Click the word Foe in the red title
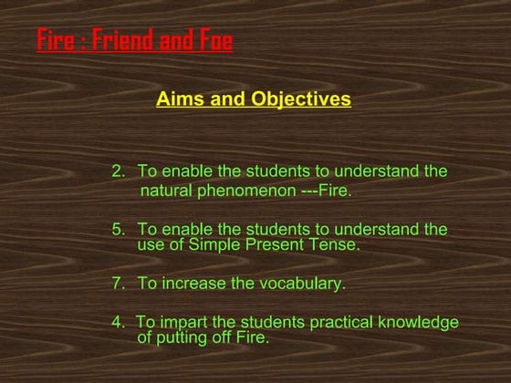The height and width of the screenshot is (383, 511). (x=214, y=41)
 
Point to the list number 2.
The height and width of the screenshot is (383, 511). (x=117, y=171)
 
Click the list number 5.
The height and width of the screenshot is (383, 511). (x=117, y=229)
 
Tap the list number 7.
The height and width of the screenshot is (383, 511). (x=117, y=284)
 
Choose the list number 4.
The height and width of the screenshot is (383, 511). (x=116, y=322)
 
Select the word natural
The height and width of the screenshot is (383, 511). (x=164, y=191)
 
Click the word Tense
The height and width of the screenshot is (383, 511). (x=337, y=244)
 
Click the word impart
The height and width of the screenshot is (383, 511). (x=177, y=322)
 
